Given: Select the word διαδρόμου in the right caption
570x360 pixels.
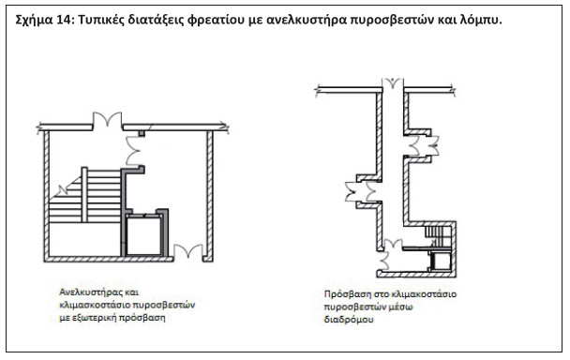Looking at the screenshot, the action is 349,320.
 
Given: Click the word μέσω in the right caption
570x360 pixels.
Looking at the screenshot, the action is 401,307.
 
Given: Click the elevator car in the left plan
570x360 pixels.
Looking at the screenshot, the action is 144,235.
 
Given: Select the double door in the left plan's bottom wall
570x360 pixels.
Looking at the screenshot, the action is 187,251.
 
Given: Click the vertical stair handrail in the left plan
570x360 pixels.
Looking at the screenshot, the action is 84,195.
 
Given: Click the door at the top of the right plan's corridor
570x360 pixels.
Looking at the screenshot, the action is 393,82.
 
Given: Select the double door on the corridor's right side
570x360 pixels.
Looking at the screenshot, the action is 424,145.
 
